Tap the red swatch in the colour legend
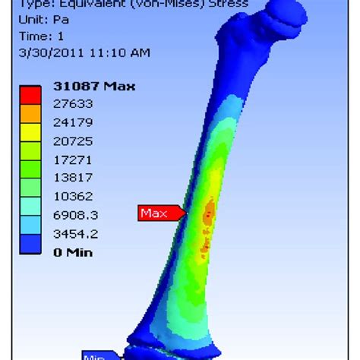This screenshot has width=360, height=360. [31, 95]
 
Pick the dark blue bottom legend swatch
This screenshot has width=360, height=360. [31, 243]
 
